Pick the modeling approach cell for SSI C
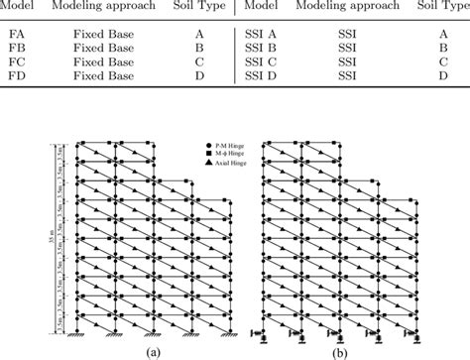[x=348, y=60]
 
